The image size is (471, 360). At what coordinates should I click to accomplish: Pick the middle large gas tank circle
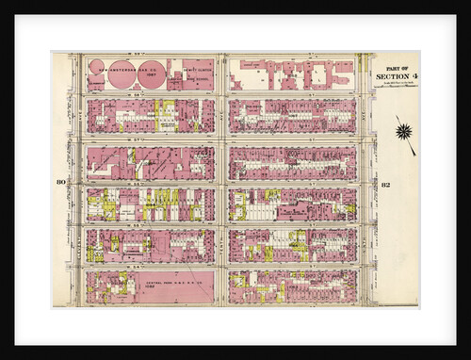click(153, 76)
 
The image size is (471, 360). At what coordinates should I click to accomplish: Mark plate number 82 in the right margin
click(387, 184)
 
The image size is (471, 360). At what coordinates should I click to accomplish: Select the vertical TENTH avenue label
click(221, 179)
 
